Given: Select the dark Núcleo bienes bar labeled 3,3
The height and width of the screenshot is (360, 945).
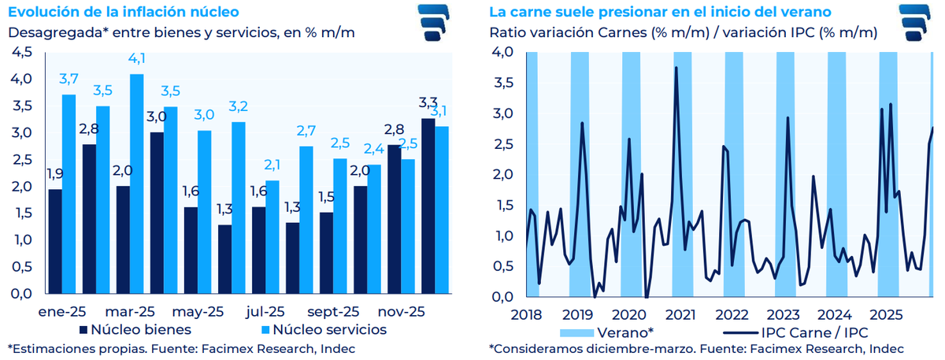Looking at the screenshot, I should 428,205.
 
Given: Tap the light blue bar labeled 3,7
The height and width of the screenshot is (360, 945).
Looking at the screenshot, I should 69,193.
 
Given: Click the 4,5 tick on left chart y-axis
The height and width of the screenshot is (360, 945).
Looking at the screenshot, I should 22,52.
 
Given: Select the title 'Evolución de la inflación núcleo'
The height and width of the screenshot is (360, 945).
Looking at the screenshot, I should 124,13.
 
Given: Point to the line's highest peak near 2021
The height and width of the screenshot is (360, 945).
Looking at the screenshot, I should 676,68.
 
